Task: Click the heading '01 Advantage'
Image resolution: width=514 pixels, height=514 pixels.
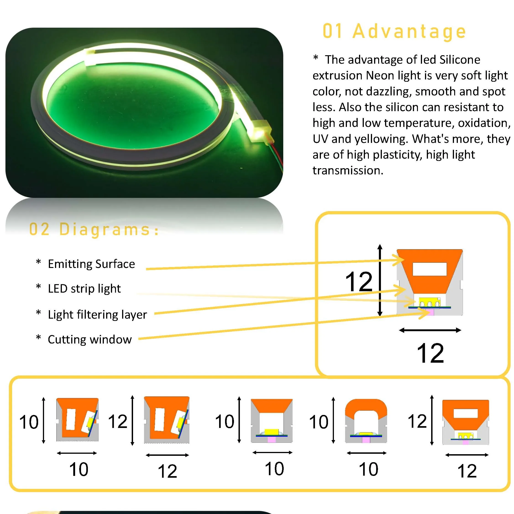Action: [x=394, y=31]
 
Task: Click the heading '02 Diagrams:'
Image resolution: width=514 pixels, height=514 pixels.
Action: [x=94, y=229]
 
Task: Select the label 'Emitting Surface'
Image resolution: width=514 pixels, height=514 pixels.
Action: [x=91, y=264]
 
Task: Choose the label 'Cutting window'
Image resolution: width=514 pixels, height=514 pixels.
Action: [x=90, y=339]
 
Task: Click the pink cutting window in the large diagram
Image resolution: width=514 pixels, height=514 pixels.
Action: [x=429, y=312]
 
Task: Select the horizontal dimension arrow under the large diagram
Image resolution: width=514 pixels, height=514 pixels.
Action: [x=430, y=330]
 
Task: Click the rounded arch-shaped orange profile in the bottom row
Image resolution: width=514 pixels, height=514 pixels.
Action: [x=366, y=408]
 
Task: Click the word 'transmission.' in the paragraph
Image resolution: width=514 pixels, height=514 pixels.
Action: [x=348, y=170]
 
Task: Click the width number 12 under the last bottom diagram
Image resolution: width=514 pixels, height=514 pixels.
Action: [x=467, y=471]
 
